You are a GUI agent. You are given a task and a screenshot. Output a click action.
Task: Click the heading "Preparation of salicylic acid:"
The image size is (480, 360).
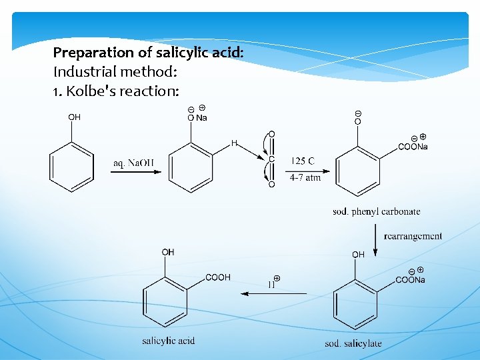(148, 52)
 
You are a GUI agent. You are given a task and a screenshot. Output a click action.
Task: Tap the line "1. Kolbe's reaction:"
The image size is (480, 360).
(116, 91)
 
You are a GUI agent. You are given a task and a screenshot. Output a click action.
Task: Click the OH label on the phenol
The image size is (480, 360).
(74, 117)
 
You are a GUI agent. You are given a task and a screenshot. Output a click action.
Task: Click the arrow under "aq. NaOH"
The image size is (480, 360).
(136, 172)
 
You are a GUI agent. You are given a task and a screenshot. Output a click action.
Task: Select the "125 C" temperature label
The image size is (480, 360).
(303, 161)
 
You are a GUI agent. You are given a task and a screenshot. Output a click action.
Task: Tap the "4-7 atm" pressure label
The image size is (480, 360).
(305, 178)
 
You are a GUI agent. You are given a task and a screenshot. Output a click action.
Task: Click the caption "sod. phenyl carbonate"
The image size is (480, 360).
(377, 212)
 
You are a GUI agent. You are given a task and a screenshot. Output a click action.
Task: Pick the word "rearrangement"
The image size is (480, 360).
(413, 235)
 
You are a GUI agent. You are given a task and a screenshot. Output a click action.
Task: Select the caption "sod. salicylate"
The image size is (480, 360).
(353, 343)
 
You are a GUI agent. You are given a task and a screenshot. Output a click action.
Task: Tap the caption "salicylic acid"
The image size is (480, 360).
(168, 341)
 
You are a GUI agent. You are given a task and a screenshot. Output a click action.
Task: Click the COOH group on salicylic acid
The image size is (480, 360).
(217, 277)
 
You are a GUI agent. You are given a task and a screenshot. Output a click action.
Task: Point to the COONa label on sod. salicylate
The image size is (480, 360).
(410, 280)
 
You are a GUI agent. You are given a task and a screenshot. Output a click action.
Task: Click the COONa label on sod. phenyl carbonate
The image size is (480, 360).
(413, 147)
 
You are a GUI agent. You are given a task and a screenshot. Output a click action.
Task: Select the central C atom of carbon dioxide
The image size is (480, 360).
(271, 159)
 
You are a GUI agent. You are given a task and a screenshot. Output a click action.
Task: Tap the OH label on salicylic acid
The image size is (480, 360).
(168, 252)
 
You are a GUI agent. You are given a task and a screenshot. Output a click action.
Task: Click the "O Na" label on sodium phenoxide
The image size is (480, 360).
(197, 118)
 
